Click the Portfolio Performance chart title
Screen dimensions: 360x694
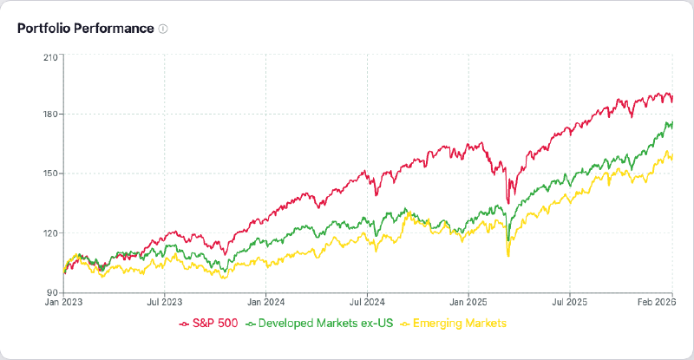[x=85, y=28]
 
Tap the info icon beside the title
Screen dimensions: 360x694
[x=163, y=29]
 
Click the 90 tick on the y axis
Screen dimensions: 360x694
[x=52, y=291]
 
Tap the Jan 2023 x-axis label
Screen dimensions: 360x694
[x=64, y=303]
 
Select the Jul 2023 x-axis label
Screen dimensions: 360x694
[x=165, y=303]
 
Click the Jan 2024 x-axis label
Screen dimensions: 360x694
[x=265, y=303]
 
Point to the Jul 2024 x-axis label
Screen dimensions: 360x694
[x=367, y=303]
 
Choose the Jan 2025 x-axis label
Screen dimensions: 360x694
[x=468, y=303]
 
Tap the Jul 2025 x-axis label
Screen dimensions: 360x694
[x=569, y=303]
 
